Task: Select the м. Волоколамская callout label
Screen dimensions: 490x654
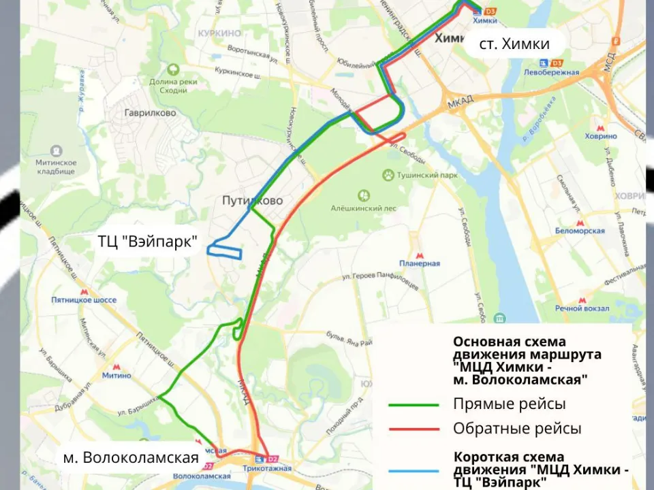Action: (x=131, y=457)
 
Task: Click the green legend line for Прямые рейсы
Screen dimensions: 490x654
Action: (x=414, y=404)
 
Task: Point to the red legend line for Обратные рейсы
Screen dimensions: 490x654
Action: (x=414, y=429)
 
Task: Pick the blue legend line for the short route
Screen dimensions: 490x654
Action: (x=414, y=470)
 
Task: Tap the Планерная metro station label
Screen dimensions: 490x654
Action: (x=420, y=263)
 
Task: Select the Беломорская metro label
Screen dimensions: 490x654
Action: (x=580, y=231)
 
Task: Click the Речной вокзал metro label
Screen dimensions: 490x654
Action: (x=580, y=309)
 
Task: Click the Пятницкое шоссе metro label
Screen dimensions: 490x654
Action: (x=84, y=299)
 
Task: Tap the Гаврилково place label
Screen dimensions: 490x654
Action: (x=150, y=113)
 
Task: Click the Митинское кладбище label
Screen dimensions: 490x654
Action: (x=57, y=167)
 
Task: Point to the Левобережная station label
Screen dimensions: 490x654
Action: (x=552, y=73)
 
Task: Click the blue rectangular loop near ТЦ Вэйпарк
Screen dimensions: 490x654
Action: (x=225, y=250)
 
